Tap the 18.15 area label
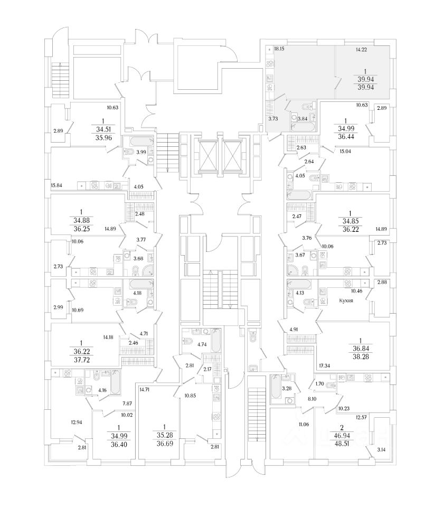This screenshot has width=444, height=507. [279, 49]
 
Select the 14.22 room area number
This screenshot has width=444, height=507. [361, 50]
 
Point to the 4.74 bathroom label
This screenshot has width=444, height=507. [201, 344]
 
